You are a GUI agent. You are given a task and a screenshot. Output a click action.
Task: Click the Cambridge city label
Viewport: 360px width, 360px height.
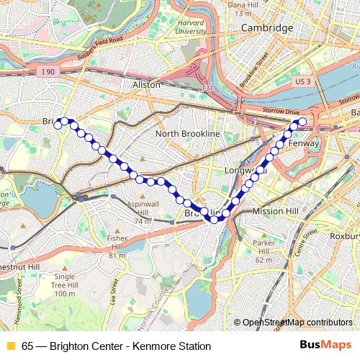click(x=266, y=27)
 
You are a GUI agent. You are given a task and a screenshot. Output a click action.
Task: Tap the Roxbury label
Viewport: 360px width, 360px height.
click(x=344, y=234)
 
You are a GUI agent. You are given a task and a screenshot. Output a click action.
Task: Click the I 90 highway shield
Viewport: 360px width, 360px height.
click(x=48, y=71)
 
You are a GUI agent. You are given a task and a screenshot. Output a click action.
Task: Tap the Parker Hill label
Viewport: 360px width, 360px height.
click(x=264, y=248)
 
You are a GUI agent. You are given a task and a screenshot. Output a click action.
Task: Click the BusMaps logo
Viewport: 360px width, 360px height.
click(x=325, y=346)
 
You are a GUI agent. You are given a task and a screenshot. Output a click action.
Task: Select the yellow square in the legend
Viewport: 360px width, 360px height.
click(x=10, y=346)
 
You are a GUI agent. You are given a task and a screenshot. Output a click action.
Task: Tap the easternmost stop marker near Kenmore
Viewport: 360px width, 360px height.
click(x=302, y=121)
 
